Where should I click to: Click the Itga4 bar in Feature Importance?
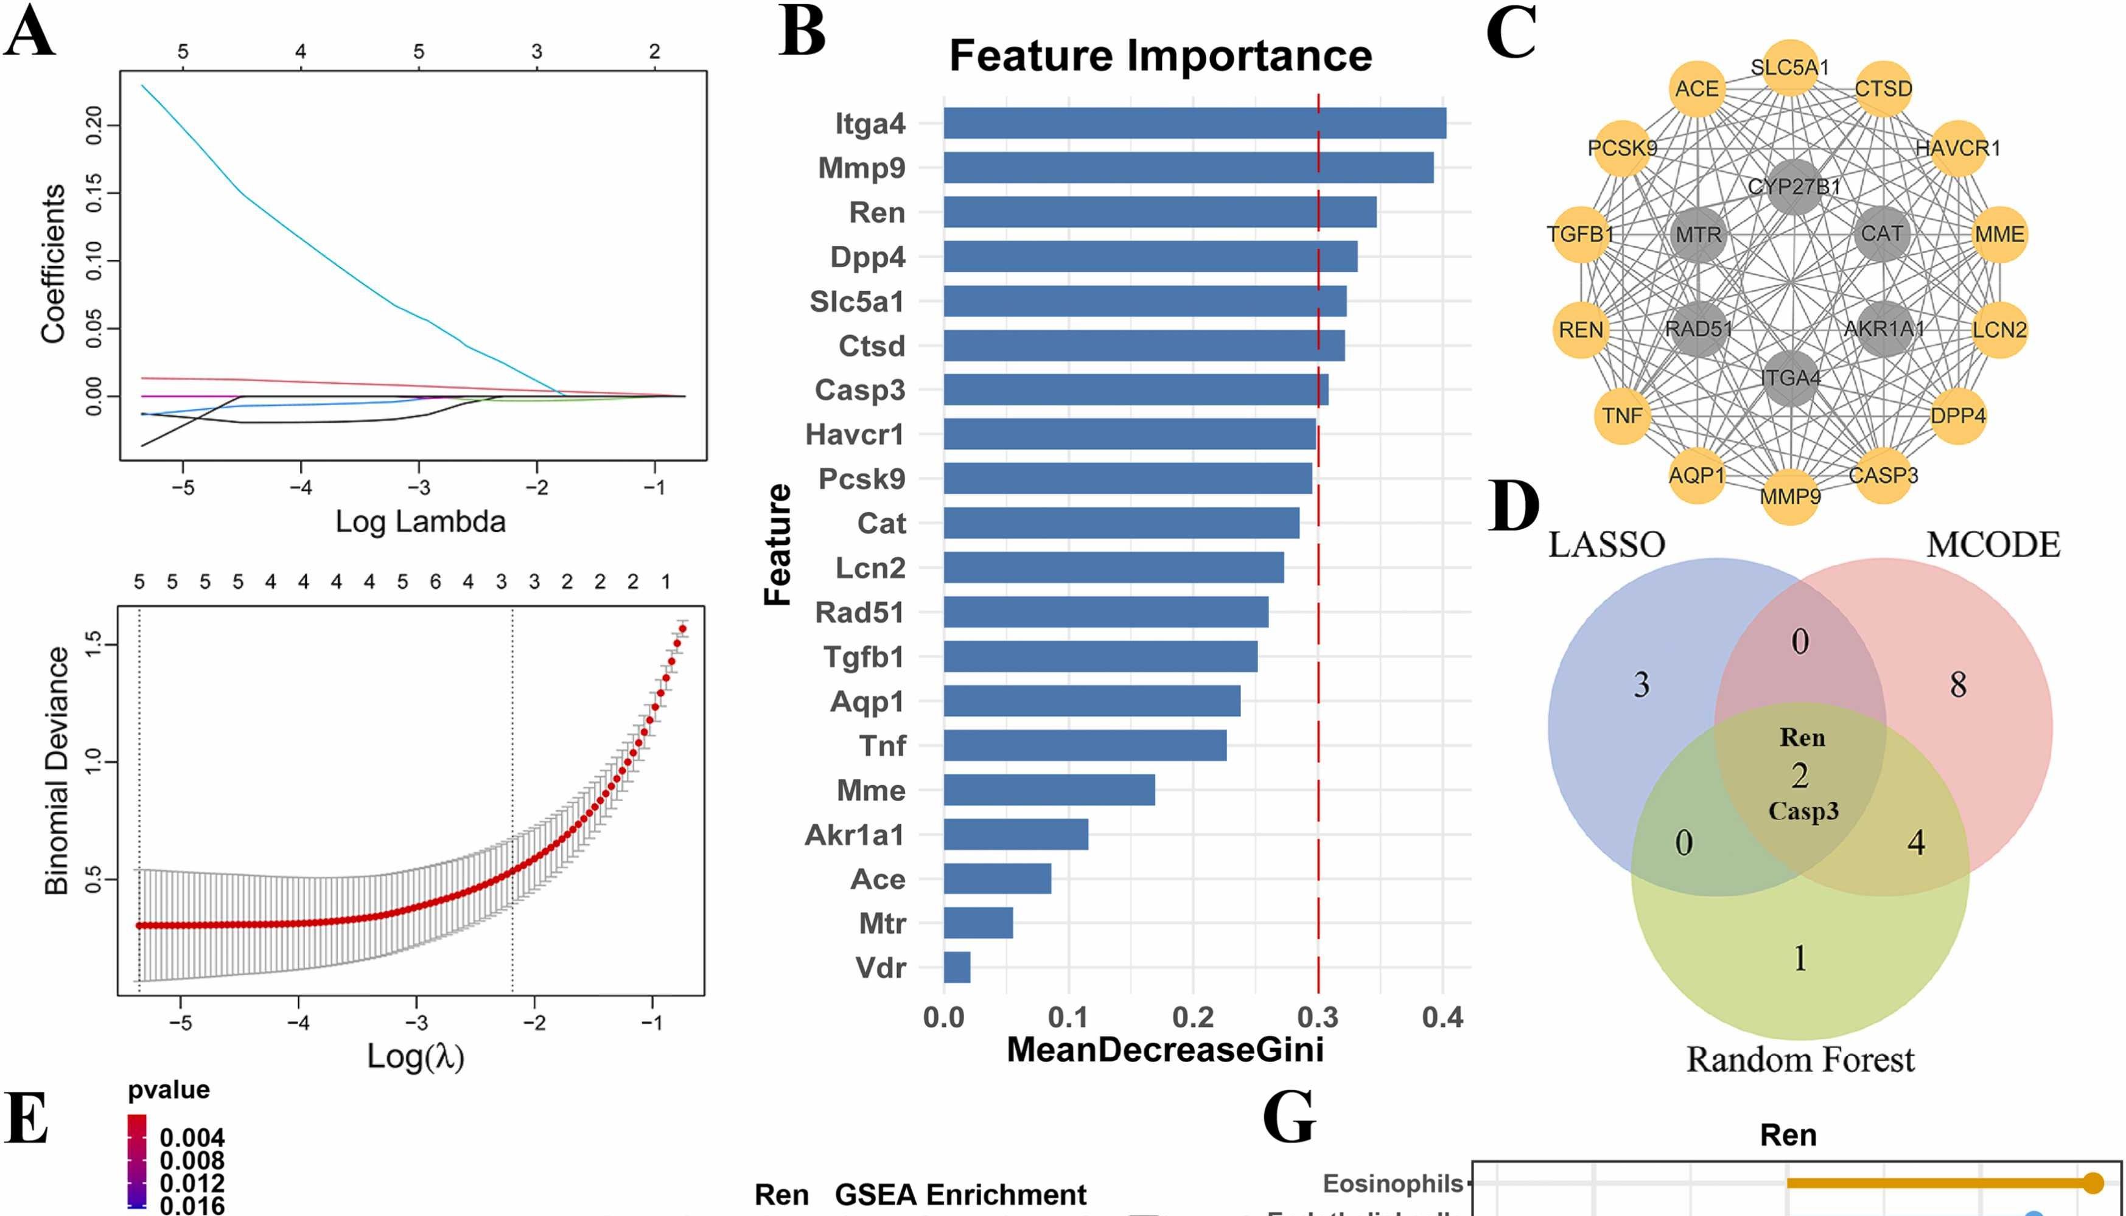(x=1195, y=123)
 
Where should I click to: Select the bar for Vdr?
(x=957, y=967)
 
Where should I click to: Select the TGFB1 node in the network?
(x=1581, y=234)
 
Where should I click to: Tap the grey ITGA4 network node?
(x=1790, y=378)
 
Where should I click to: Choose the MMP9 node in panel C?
(x=1790, y=497)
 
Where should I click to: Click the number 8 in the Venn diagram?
(x=1958, y=685)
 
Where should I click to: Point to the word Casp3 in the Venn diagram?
(x=1803, y=811)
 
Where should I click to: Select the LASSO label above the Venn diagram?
(x=1606, y=544)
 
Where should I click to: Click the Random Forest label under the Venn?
(x=1800, y=1059)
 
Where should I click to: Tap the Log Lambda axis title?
(x=420, y=521)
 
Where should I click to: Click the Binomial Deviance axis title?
(x=57, y=770)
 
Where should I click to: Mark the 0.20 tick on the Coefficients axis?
(x=94, y=125)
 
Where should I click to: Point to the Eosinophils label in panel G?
(x=1393, y=1183)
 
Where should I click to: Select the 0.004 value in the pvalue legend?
(x=192, y=1138)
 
